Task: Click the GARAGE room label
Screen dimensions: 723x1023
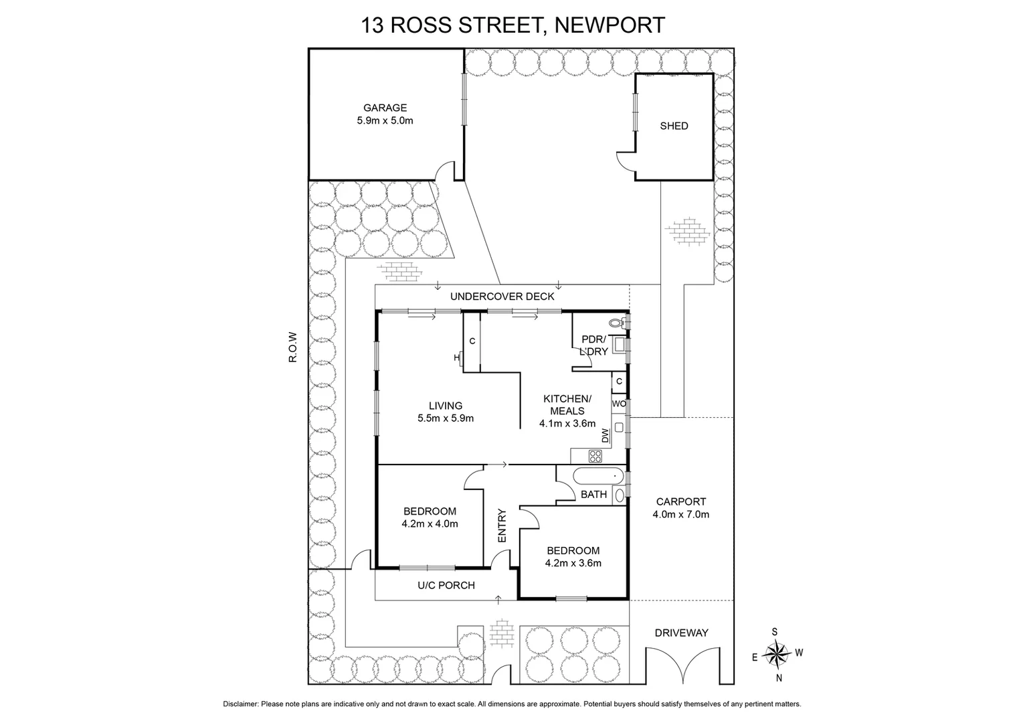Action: pyautogui.click(x=385, y=108)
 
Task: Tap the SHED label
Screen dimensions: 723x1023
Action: pyautogui.click(x=674, y=126)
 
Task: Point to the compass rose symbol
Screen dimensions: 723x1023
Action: pyautogui.click(x=777, y=653)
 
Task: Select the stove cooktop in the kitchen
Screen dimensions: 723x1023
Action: pyautogui.click(x=595, y=457)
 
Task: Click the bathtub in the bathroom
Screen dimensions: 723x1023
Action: pyautogui.click(x=599, y=476)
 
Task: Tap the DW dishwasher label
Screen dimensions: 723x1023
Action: pyautogui.click(x=606, y=436)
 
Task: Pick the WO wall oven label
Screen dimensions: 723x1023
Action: pyautogui.click(x=619, y=404)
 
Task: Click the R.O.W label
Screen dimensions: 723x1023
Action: pyautogui.click(x=292, y=347)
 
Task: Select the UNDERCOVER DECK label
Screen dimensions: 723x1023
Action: pyautogui.click(x=502, y=296)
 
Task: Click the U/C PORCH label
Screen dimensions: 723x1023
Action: pyautogui.click(x=446, y=585)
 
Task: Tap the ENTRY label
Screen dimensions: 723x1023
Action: pyautogui.click(x=502, y=526)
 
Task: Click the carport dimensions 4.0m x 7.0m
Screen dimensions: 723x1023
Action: pyautogui.click(x=680, y=514)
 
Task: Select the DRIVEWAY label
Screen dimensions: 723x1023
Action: pyautogui.click(x=681, y=633)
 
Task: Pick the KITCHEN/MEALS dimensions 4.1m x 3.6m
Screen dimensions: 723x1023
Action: pyautogui.click(x=567, y=423)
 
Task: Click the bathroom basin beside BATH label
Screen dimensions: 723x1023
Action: pyautogui.click(x=619, y=495)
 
